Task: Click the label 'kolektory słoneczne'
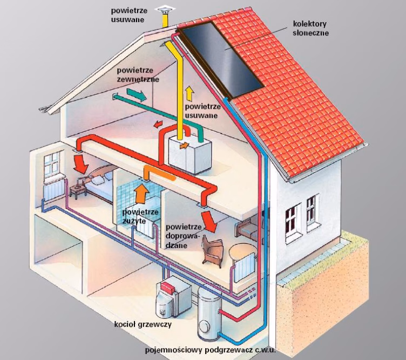click(310, 29)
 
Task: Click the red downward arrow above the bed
click(82, 164)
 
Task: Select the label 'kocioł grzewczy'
click(136, 324)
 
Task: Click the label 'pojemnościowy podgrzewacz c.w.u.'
click(211, 350)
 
